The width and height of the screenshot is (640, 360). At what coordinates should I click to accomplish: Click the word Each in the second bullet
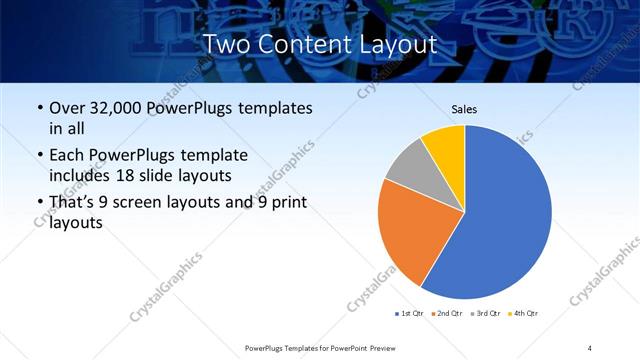coord(68,155)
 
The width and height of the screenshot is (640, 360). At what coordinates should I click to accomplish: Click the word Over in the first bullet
coord(69,108)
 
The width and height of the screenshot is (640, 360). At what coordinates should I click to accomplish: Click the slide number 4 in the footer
coord(590,347)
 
